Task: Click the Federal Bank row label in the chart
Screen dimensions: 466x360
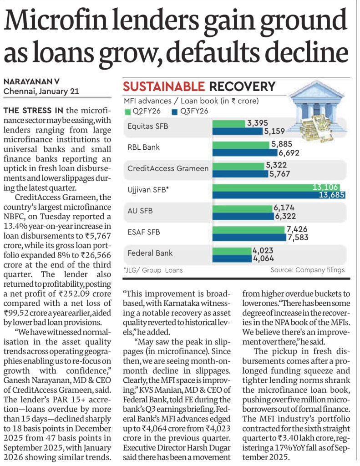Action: point(150,253)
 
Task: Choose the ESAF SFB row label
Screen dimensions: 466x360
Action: point(143,232)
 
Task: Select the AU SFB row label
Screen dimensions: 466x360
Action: point(140,210)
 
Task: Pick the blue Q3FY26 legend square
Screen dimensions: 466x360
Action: point(175,111)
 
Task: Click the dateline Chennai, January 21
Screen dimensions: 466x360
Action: point(41,91)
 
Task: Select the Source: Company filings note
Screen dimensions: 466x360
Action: point(307,270)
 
